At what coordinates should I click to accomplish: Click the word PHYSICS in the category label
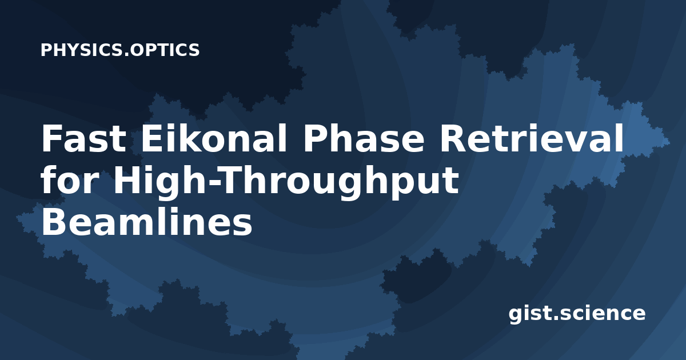click(x=81, y=50)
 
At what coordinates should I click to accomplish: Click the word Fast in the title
click(x=83, y=138)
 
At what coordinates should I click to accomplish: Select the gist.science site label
click(x=577, y=314)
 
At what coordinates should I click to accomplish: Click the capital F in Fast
click(x=53, y=138)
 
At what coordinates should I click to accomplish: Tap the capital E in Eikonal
click(x=152, y=138)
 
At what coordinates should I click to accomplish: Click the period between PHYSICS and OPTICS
click(x=126, y=55)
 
